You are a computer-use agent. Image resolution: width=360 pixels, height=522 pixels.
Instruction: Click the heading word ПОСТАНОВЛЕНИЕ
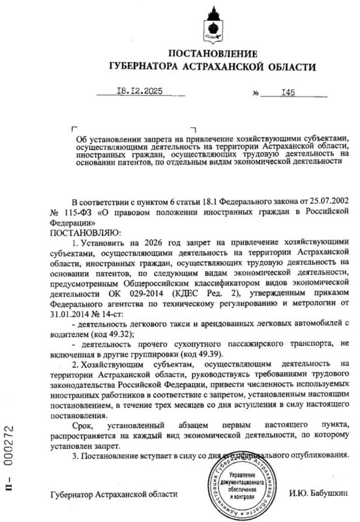pos(213,53)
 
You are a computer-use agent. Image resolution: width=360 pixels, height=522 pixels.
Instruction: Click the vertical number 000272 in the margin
pos(9,449)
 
